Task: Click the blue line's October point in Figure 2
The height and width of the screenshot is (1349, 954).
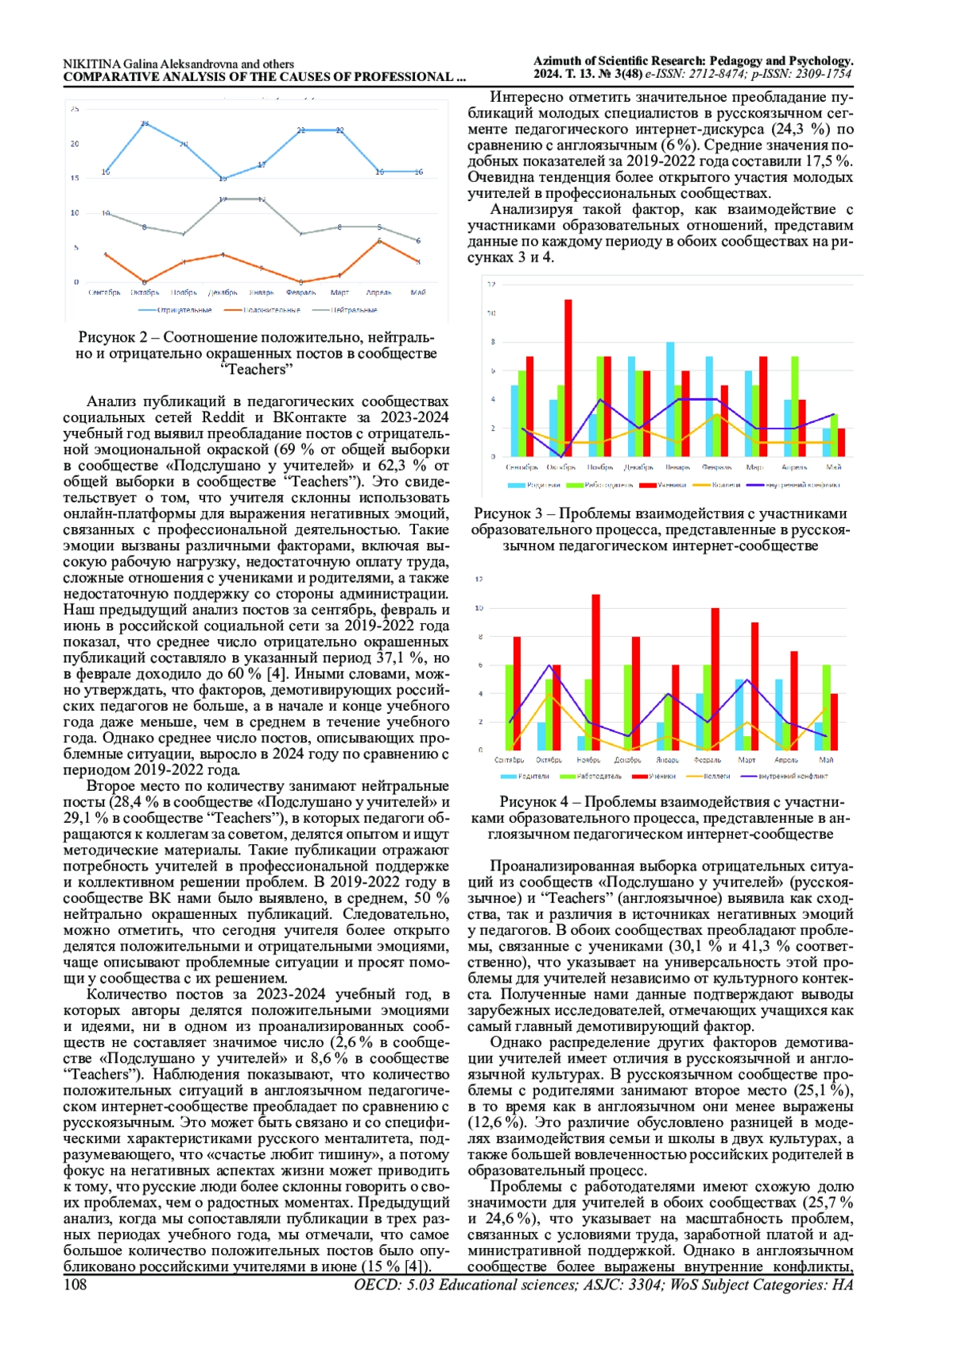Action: [x=145, y=123]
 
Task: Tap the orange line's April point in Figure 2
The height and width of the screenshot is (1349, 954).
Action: [x=379, y=240]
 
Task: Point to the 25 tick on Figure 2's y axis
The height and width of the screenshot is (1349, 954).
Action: [x=75, y=109]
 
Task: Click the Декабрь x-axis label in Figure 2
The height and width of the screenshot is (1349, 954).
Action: [x=223, y=293]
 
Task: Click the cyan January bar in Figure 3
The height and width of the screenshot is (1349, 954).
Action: [x=670, y=398]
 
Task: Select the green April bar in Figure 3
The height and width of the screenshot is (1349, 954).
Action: [x=794, y=405]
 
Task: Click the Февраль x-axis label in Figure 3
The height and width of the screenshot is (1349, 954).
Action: [x=716, y=467]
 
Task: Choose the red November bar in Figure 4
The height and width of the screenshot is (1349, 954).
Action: [x=595, y=672]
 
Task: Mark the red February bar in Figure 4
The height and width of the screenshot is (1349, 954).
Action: [x=715, y=678]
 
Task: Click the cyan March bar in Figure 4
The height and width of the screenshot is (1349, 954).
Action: [x=739, y=714]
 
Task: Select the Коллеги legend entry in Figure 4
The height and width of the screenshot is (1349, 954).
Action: [x=716, y=776]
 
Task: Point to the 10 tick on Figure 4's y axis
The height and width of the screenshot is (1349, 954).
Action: [x=479, y=608]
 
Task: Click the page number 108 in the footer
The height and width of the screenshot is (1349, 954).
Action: [x=75, y=1285]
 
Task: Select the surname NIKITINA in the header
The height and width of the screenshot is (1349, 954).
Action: [x=91, y=64]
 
